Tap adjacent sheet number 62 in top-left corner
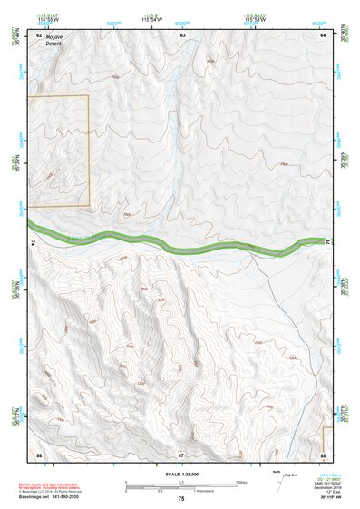point(38,34)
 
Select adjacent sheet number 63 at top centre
point(182,34)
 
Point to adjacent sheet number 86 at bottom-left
point(38,453)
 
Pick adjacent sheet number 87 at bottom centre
point(180,453)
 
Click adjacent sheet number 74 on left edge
point(34,243)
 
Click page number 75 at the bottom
point(180,499)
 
